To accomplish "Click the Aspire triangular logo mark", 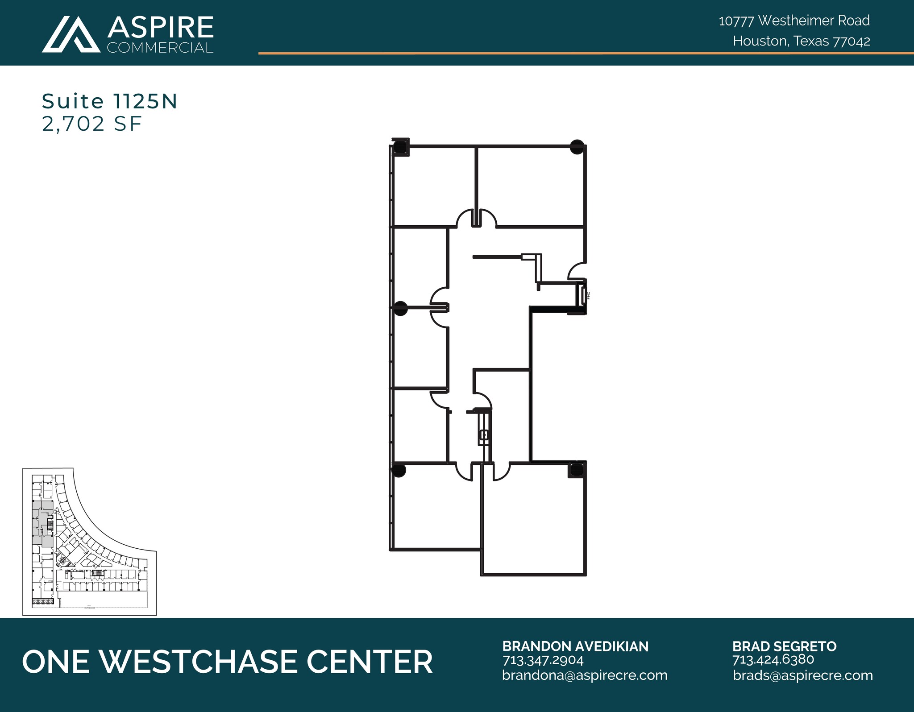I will [x=71, y=35].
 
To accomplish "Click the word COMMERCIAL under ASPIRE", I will [x=160, y=48].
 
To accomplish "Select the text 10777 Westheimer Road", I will [x=794, y=21].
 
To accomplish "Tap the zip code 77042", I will [x=852, y=41].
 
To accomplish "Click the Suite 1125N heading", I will [x=110, y=102].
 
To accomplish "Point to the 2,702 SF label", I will [x=92, y=124].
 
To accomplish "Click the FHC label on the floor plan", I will [x=589, y=295].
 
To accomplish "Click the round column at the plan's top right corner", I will [x=577, y=147].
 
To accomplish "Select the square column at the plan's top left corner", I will [x=400, y=147].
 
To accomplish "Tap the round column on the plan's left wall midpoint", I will [x=400, y=308].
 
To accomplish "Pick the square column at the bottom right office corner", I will [x=576, y=470].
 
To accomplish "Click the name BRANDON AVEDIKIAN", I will [x=575, y=646].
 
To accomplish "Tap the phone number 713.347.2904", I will [x=543, y=660].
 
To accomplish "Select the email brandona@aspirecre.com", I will [x=585, y=675].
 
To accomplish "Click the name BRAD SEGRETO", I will [x=784, y=646].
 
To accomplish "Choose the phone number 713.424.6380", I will [x=773, y=660].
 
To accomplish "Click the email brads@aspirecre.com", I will [x=802, y=675].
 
